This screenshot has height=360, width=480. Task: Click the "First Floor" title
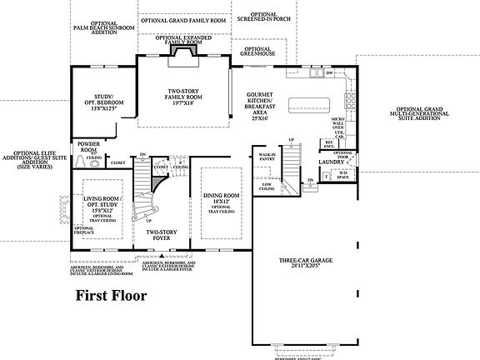click(112, 295)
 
